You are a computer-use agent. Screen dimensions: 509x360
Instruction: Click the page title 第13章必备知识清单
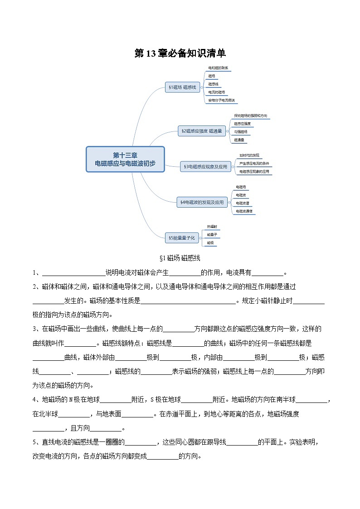(180, 53)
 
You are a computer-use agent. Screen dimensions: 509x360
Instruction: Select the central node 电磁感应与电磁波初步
(125, 159)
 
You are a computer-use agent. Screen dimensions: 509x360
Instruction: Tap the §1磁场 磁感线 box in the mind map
(183, 87)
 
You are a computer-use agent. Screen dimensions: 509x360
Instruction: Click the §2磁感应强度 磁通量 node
(202, 131)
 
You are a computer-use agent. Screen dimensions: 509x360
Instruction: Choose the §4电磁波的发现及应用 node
(202, 202)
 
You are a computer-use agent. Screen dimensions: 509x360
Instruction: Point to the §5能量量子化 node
(181, 237)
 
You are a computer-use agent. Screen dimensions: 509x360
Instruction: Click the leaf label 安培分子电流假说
(221, 100)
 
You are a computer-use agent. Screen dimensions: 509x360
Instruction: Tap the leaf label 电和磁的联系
(218, 68)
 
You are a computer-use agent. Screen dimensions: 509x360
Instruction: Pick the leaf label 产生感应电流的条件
(254, 163)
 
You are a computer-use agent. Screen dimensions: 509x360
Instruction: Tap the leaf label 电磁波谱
(242, 203)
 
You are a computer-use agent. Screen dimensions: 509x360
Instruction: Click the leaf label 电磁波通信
(244, 211)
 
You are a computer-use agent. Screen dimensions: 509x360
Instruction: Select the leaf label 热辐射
(212, 226)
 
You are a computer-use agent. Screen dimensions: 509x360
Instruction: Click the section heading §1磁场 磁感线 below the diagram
(180, 258)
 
